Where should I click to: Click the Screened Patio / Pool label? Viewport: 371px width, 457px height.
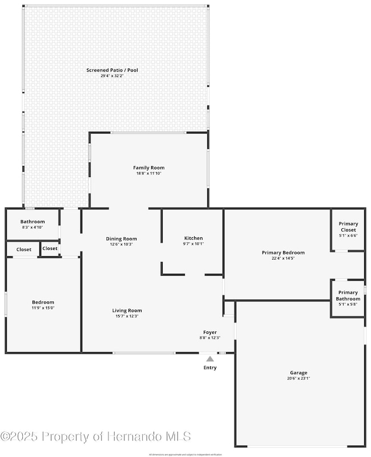pos(112,70)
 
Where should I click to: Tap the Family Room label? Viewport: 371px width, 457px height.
pos(149,168)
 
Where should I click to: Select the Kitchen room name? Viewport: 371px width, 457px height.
pos(193,238)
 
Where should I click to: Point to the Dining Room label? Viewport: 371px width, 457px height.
pos(122,238)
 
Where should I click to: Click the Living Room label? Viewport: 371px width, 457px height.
pos(127,310)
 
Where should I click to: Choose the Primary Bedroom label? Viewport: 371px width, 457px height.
pos(283,252)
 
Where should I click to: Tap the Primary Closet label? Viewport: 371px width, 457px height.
pos(348,227)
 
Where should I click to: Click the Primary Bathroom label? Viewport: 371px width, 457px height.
pos(348,296)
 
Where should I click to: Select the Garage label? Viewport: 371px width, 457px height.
pos(299,372)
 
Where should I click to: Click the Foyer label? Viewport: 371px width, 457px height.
pos(210,332)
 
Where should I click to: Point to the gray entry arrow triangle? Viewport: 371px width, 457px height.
pos(210,359)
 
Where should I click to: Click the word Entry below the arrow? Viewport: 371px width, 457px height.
pos(210,368)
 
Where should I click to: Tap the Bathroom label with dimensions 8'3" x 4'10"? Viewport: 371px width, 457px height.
pos(33,221)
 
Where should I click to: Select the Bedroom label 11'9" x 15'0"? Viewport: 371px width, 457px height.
pos(43,302)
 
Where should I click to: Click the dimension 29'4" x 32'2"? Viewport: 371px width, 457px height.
pos(112,76)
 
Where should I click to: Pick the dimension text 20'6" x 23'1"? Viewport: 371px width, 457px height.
pos(299,378)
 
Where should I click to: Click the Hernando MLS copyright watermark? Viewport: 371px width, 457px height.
pos(96,436)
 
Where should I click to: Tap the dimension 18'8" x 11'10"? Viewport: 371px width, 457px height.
pos(149,173)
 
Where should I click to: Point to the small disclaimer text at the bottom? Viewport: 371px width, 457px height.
pos(185,454)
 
